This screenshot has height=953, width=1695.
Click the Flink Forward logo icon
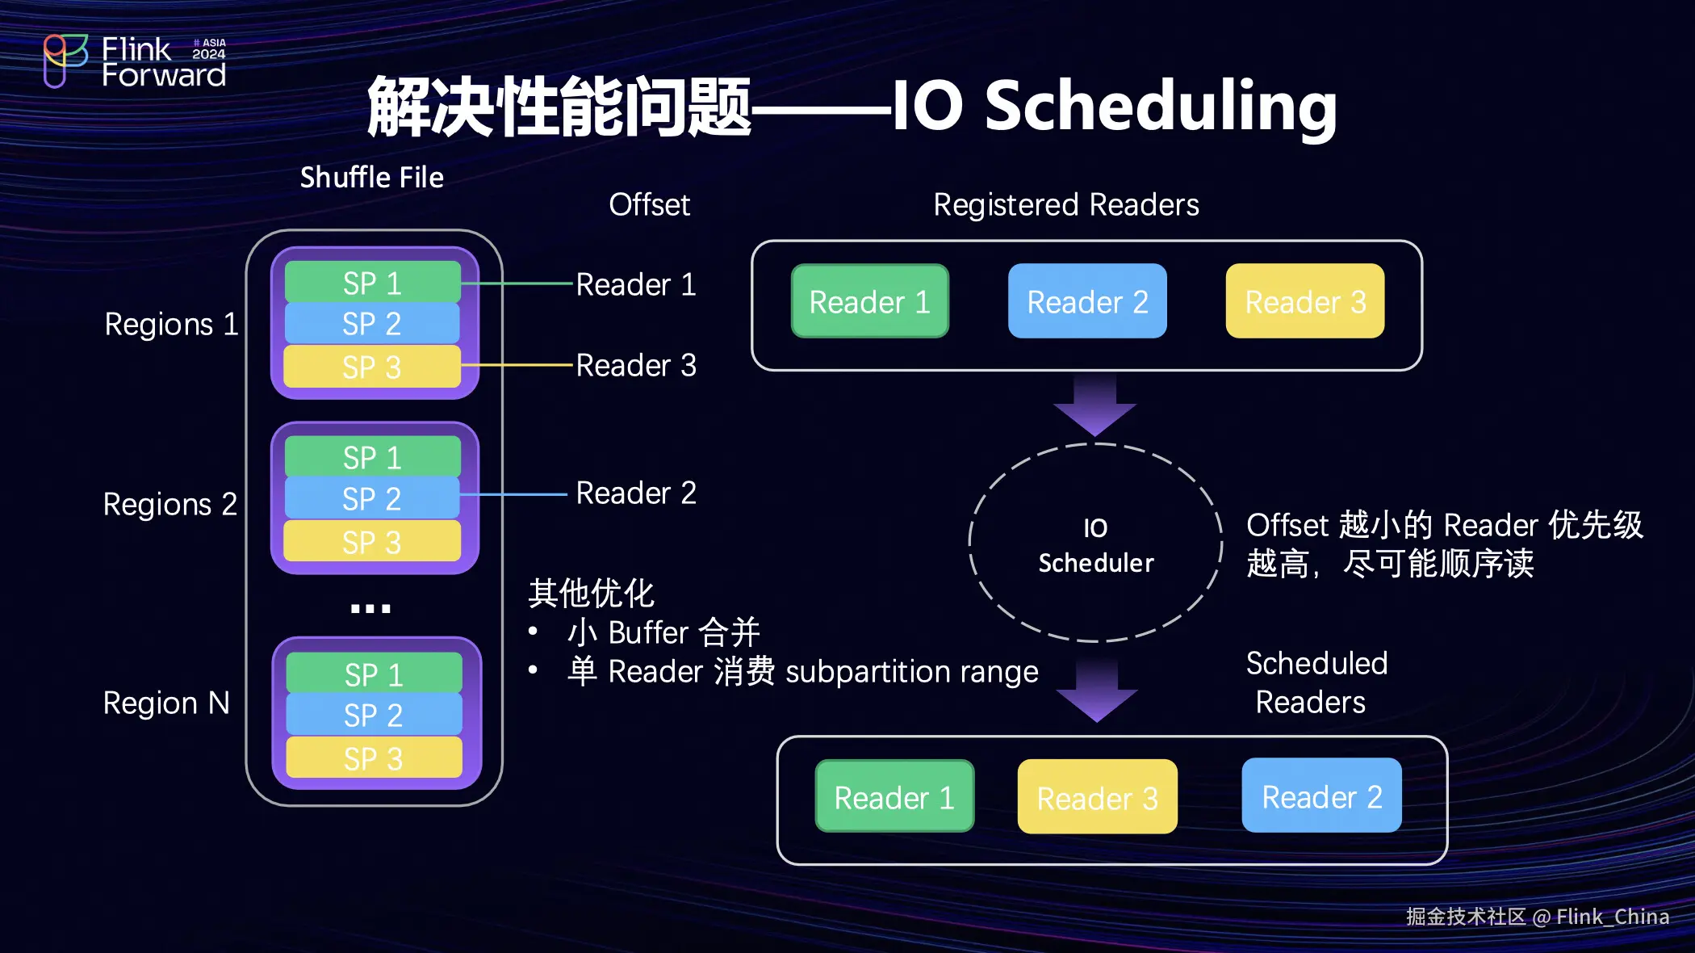(65, 60)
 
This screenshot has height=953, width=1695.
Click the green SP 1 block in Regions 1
(372, 283)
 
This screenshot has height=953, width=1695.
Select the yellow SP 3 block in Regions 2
(372, 541)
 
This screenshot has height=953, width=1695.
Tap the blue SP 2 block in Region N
(373, 716)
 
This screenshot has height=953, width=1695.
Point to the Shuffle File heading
(372, 178)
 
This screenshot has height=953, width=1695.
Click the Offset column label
(649, 205)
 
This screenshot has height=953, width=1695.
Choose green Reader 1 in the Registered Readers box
(869, 301)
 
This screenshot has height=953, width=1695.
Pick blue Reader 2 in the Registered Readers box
(1087, 301)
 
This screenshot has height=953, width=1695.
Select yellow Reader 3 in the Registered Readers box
(1305, 301)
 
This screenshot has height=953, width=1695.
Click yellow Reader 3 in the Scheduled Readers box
(1097, 797)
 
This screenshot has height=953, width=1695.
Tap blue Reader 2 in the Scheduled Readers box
(1321, 796)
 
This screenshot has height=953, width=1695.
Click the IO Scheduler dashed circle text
(1095, 545)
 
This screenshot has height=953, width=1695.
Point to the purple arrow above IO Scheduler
(1094, 404)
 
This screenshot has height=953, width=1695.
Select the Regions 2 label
(169, 505)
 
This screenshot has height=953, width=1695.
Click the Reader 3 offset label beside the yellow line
(636, 365)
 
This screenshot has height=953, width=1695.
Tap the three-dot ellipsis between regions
(370, 608)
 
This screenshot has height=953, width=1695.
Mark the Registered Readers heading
(1065, 205)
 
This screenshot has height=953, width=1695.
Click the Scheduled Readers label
(1316, 682)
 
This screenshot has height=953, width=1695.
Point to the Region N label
(166, 703)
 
